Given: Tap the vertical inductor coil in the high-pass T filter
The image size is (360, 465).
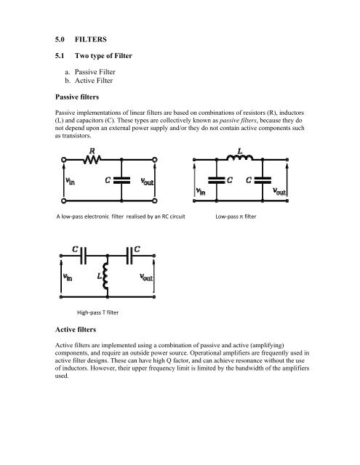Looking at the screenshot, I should click(x=107, y=277).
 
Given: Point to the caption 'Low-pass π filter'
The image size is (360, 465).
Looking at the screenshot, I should click(x=241, y=217).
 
